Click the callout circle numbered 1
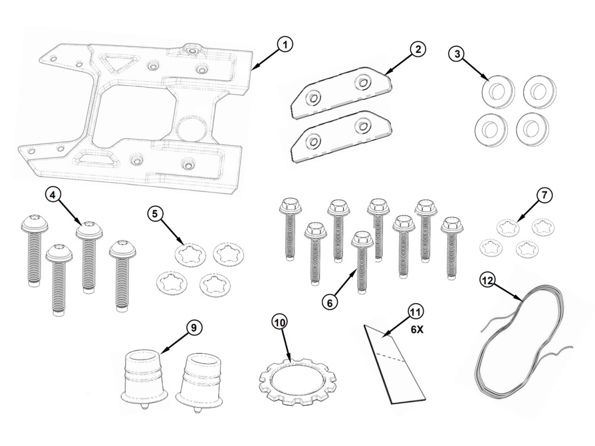click(285, 45)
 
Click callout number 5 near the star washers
click(155, 214)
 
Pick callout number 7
click(544, 195)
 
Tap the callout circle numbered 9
click(194, 327)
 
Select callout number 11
click(415, 312)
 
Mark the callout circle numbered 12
click(487, 280)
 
